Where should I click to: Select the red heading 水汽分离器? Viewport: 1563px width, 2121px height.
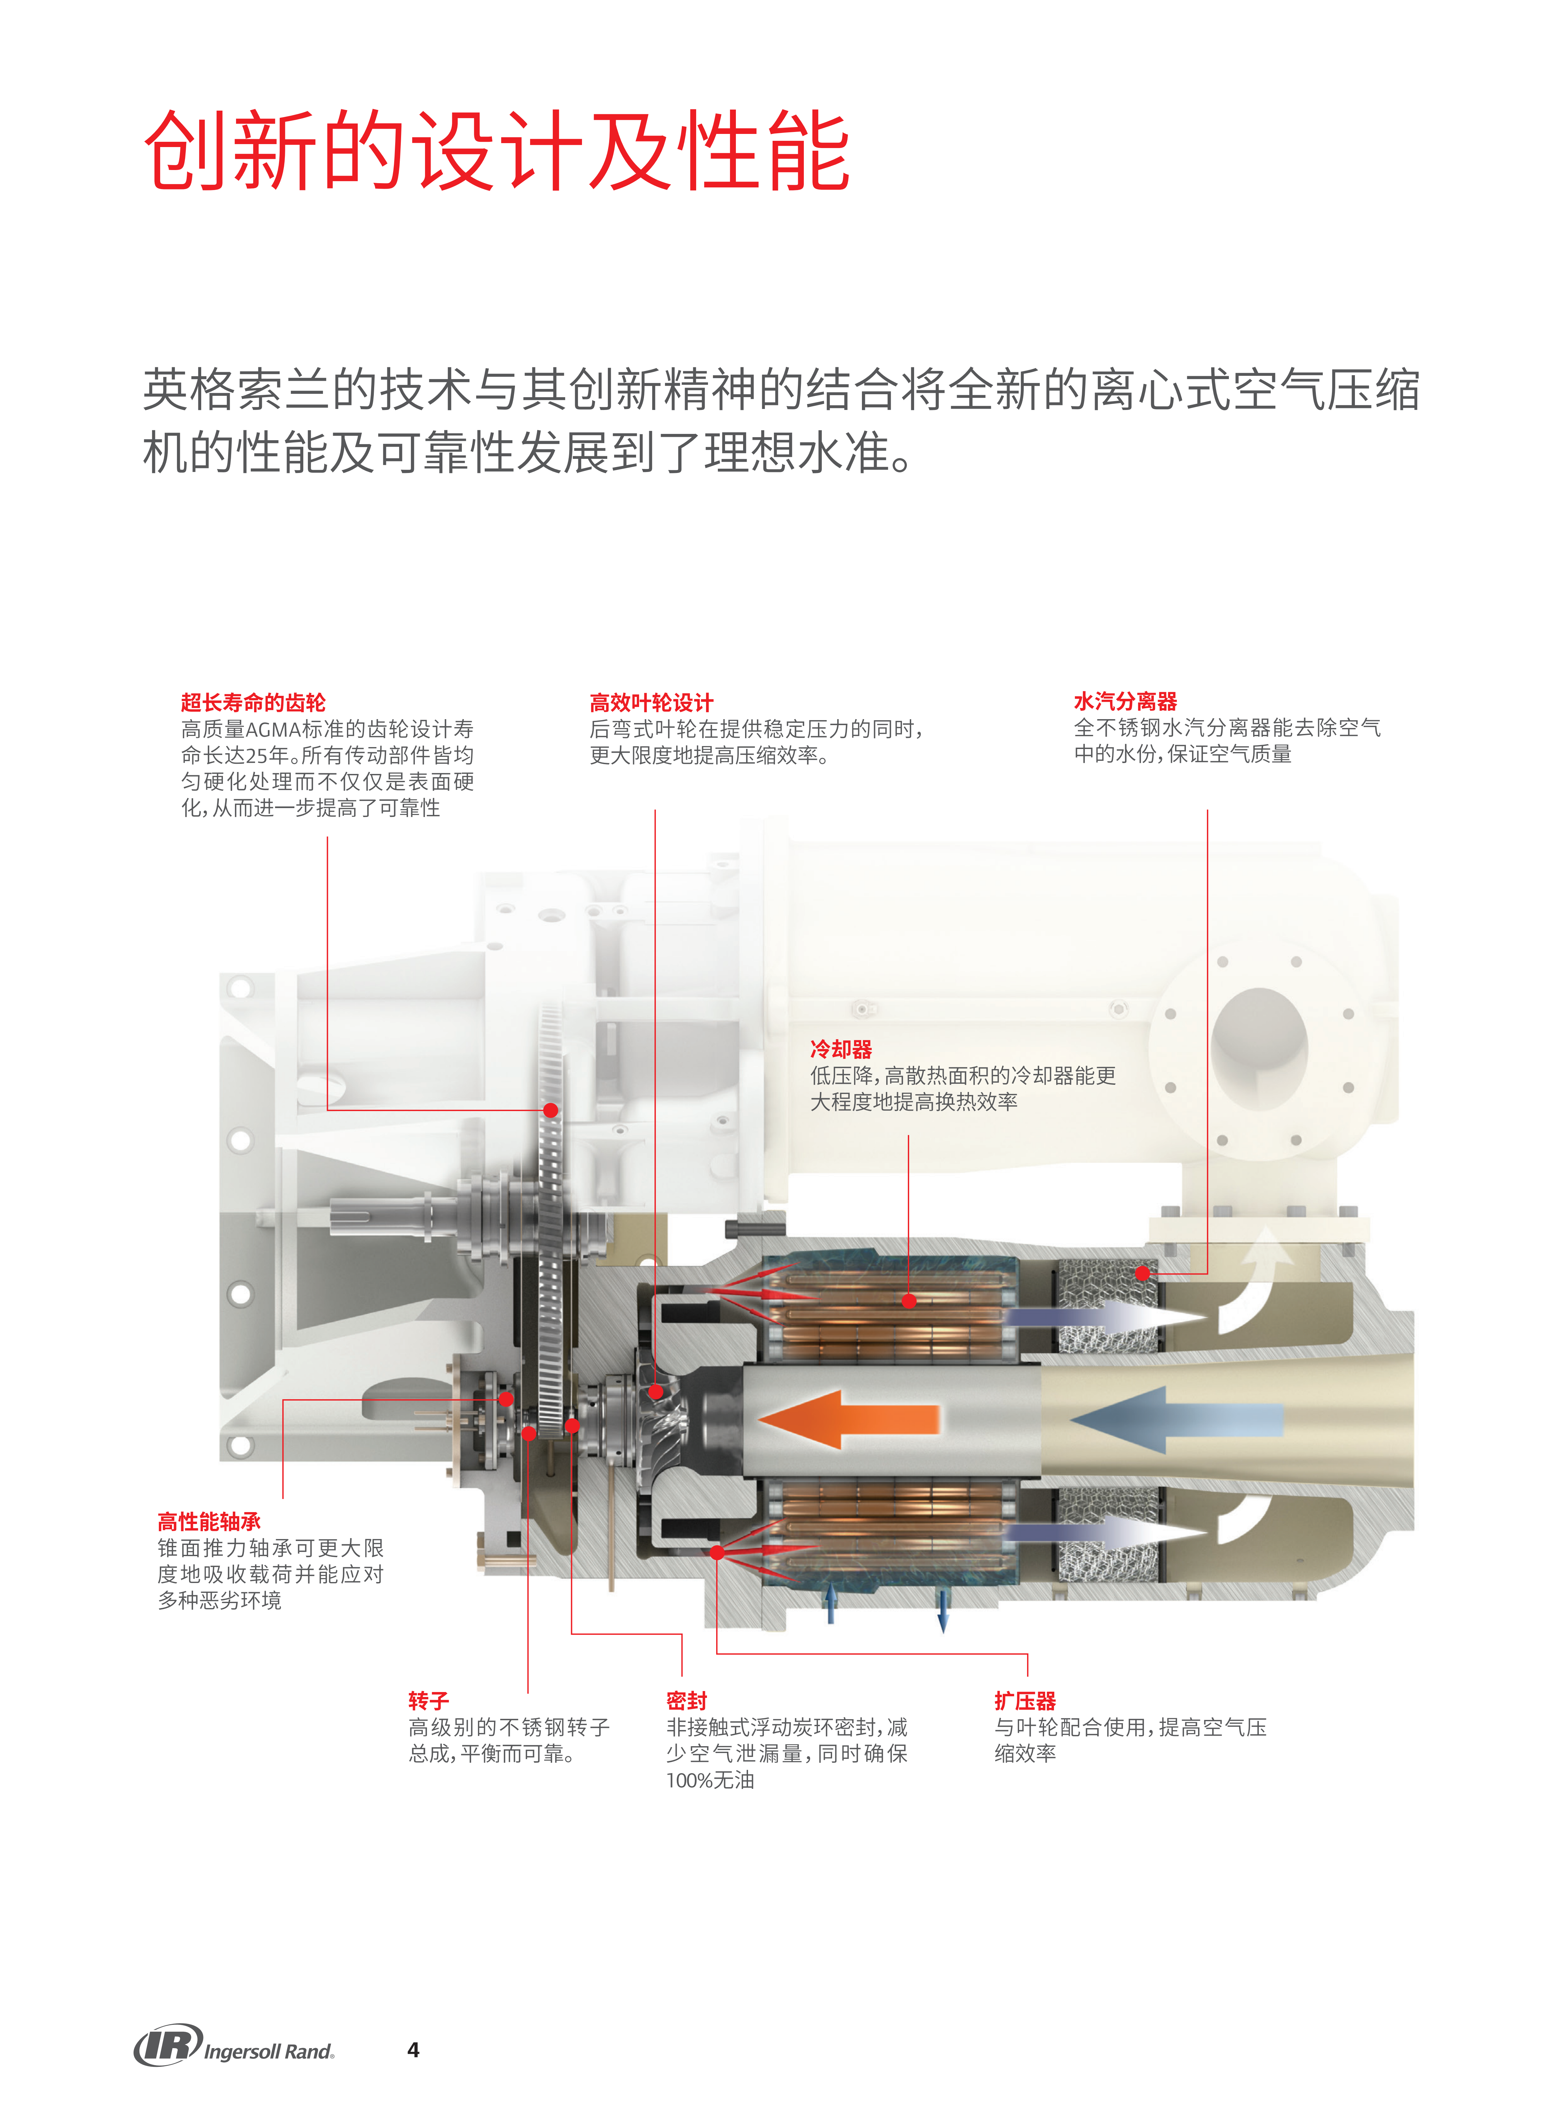pyautogui.click(x=1125, y=701)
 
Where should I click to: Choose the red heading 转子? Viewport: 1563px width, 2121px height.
pyautogui.click(x=429, y=1700)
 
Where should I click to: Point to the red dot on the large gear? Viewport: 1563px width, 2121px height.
pyautogui.click(x=551, y=1110)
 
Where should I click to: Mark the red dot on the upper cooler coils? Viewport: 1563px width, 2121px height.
pyautogui.click(x=908, y=1301)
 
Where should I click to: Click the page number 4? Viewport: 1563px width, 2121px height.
pyautogui.click(x=414, y=2049)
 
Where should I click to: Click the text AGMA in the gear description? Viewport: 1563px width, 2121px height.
pyautogui.click(x=272, y=729)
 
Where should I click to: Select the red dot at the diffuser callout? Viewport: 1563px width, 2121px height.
pyautogui.click(x=717, y=1553)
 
